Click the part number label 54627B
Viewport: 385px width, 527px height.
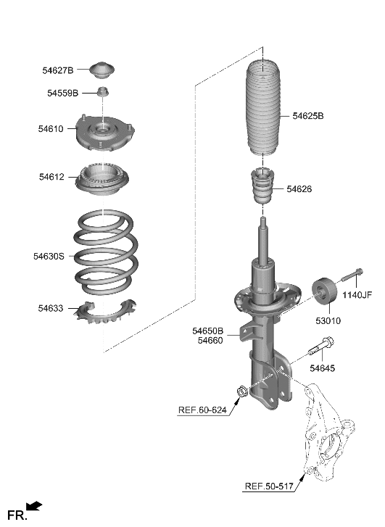57,70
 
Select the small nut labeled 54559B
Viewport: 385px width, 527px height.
104,92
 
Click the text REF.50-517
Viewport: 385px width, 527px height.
268,486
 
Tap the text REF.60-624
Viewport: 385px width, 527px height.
202,410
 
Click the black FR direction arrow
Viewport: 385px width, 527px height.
34,505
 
